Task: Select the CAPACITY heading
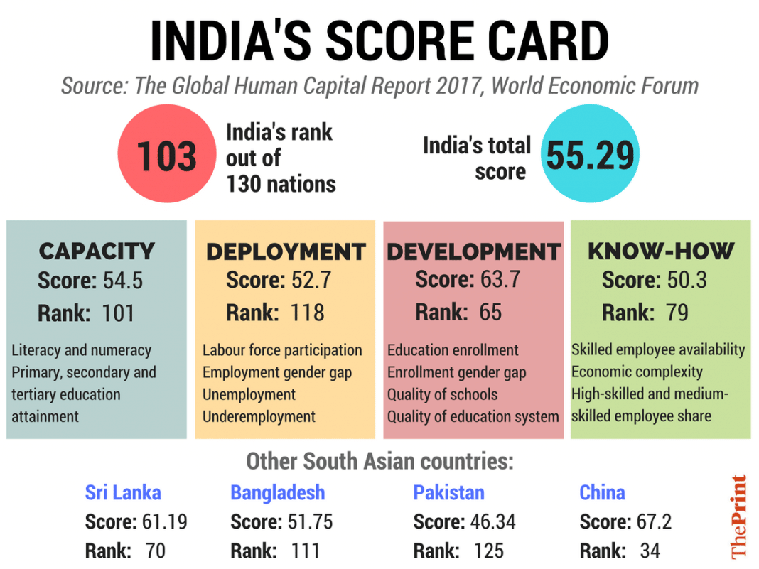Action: click(97, 251)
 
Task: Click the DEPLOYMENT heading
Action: click(285, 251)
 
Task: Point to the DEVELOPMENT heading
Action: click(473, 251)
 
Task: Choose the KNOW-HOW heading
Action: click(660, 251)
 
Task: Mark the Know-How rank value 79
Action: click(677, 312)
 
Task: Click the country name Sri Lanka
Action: click(123, 492)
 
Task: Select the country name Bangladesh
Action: click(277, 492)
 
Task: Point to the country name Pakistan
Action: click(448, 492)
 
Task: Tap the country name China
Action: click(602, 492)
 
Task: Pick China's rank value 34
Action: click(650, 551)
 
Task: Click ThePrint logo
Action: click(739, 516)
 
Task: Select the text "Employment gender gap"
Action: click(276, 372)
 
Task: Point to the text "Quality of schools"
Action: click(442, 394)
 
